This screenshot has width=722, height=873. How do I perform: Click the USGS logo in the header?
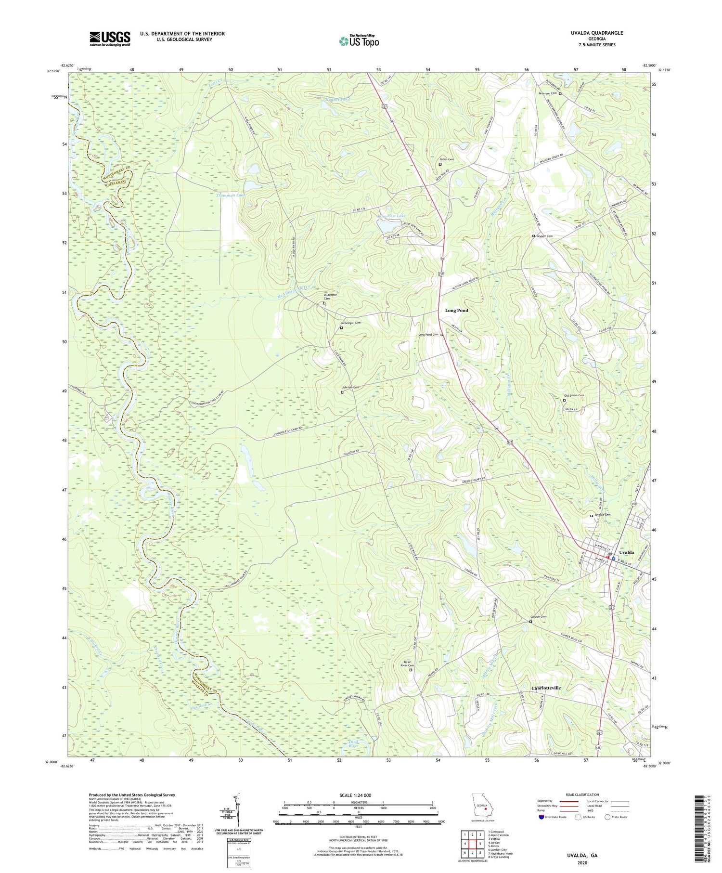coord(110,39)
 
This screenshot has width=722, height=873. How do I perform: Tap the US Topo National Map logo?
coord(359,41)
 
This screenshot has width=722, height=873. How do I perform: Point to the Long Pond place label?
coord(456,311)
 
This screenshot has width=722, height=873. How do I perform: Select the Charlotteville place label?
coord(546,688)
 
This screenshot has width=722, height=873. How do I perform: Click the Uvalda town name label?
coord(626,552)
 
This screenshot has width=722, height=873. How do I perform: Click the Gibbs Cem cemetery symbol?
coord(440,164)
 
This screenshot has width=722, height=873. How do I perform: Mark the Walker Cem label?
coord(544,236)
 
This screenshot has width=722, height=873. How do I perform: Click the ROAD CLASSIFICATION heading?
coord(582,795)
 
